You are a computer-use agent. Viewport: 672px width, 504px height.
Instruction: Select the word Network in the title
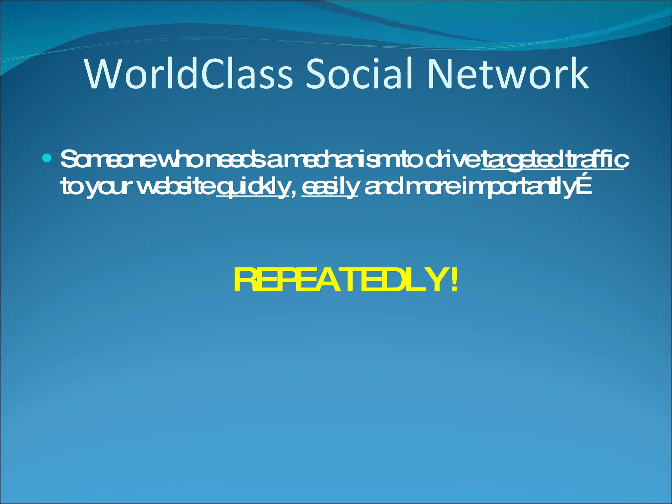coord(507,74)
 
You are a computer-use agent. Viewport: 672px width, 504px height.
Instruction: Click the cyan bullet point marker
coord(47,159)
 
